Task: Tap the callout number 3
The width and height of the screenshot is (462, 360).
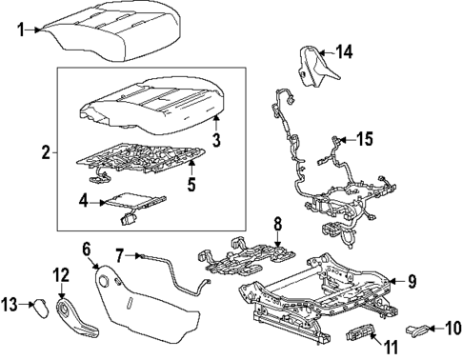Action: (x=216, y=141)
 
